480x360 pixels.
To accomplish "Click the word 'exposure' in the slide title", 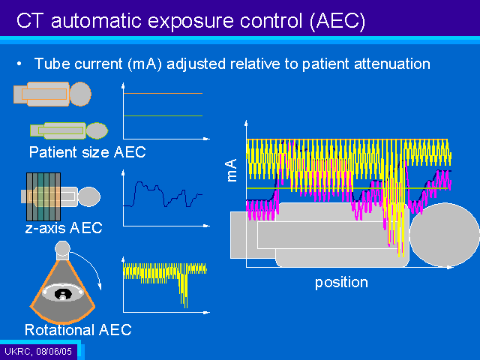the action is click(x=191, y=22).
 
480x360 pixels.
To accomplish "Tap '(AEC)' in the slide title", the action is click(x=337, y=22).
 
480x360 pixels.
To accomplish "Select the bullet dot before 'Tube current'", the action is click(x=19, y=64).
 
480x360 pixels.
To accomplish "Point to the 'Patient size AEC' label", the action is click(x=88, y=152).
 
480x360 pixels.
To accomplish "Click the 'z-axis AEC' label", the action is click(x=64, y=228).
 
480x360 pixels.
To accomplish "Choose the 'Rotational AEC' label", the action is click(x=78, y=330).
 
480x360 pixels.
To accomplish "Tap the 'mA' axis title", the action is click(x=232, y=170).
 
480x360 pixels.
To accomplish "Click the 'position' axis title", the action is click(x=341, y=283).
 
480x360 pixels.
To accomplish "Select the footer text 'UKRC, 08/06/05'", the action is click(x=38, y=352).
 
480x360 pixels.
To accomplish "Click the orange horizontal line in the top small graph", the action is click(x=163, y=93).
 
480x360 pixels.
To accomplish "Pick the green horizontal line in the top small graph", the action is click(x=163, y=115).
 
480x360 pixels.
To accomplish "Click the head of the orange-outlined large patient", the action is click(x=80, y=94).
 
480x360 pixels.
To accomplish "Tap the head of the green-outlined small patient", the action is click(x=97, y=130).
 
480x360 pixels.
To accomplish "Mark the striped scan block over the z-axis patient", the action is click(x=43, y=196).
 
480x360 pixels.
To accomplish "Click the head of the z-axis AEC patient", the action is click(x=89, y=196).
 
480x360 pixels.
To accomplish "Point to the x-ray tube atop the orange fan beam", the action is click(x=62, y=250).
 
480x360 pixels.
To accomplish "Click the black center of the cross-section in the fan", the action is click(x=63, y=294).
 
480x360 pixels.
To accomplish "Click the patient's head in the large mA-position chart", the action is click(x=445, y=235).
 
